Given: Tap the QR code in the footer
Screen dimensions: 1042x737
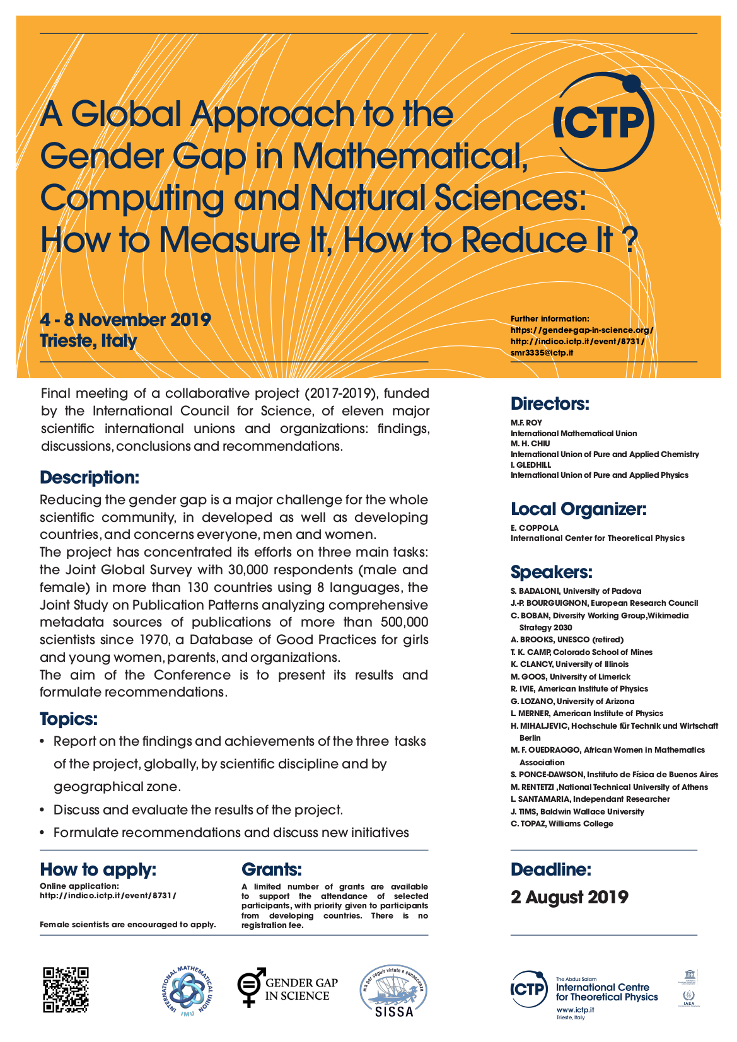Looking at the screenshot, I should (66, 989).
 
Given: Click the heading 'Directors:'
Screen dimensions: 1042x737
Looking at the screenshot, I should (550, 404).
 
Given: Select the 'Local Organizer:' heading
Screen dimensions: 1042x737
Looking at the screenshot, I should (578, 509).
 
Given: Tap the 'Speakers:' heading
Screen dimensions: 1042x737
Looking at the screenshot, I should (551, 572).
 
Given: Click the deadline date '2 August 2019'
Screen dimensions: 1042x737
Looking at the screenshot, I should (569, 897).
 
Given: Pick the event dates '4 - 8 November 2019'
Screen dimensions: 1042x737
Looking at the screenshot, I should (125, 320).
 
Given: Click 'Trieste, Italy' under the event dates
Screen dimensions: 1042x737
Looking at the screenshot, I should (88, 341).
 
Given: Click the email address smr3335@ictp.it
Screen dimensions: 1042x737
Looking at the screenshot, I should (542, 353).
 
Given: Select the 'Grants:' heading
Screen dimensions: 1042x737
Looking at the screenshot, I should (272, 870).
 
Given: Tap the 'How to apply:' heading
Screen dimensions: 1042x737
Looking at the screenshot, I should (98, 870).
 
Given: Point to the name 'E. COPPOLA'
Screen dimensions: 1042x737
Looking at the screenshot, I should (534, 528).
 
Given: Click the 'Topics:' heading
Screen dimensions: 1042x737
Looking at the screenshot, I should (69, 719).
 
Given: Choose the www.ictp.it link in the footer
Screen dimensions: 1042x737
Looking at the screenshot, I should (574, 1010).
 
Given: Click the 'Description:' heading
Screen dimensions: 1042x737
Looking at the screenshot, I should (89, 478).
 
